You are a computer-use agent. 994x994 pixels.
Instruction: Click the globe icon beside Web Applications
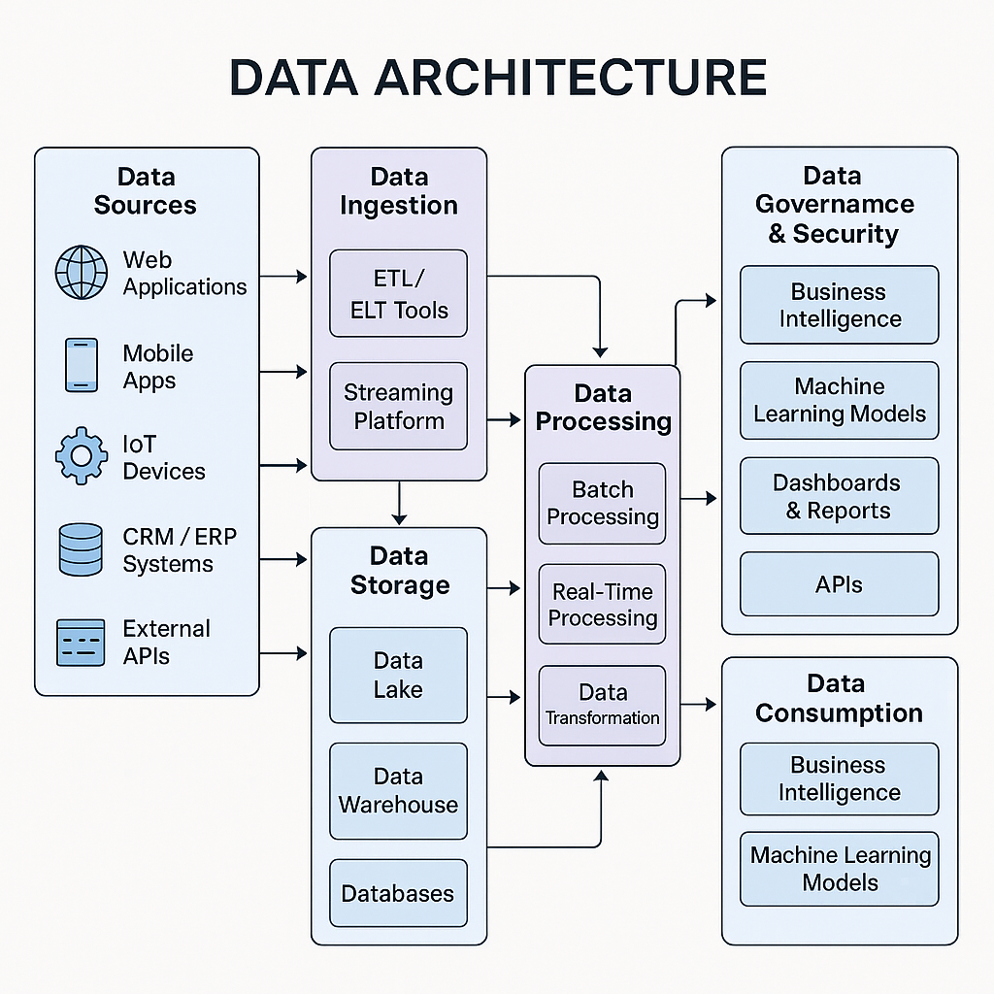point(82,273)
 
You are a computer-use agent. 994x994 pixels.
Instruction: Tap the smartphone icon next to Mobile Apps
point(82,365)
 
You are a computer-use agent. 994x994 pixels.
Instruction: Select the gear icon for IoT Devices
point(82,456)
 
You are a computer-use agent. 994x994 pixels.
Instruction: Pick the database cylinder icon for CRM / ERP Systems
point(81,549)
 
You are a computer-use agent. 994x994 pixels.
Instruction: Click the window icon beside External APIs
point(81,643)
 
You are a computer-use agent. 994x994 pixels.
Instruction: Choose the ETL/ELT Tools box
point(398,294)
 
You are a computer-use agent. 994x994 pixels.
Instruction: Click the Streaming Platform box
point(398,407)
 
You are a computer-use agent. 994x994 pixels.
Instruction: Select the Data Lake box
point(398,675)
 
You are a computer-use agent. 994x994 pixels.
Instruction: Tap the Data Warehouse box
point(398,790)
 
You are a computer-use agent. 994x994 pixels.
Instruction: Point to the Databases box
point(398,893)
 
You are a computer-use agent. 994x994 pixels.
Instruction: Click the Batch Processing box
point(602,503)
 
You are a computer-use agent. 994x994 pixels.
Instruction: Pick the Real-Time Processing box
point(602,605)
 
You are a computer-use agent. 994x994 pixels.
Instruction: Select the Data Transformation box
point(602,706)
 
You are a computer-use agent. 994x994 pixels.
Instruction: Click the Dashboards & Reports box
point(839,496)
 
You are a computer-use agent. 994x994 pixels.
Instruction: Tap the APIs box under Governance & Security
point(839,584)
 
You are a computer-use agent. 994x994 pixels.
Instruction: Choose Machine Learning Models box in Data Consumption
point(839,869)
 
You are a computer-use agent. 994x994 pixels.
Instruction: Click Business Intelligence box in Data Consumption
point(839,779)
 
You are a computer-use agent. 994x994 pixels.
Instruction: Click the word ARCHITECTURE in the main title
point(583,78)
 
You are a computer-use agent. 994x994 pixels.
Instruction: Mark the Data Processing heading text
point(603,407)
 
